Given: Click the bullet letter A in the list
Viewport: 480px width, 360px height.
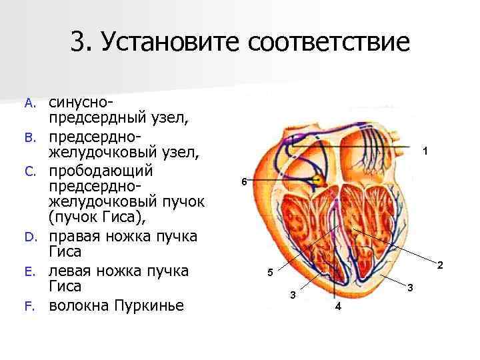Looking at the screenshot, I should (x=28, y=103).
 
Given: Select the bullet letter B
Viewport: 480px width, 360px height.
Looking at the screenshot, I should (x=28, y=137).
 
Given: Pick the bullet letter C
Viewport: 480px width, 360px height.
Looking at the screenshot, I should (x=28, y=171).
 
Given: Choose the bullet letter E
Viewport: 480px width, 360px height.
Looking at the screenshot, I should (x=28, y=272).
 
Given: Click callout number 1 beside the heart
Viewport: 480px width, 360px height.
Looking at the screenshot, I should (x=426, y=152).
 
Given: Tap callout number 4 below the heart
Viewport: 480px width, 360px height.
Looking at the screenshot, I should (x=338, y=307).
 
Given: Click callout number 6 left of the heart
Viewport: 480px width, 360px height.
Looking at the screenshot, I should (x=244, y=182).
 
